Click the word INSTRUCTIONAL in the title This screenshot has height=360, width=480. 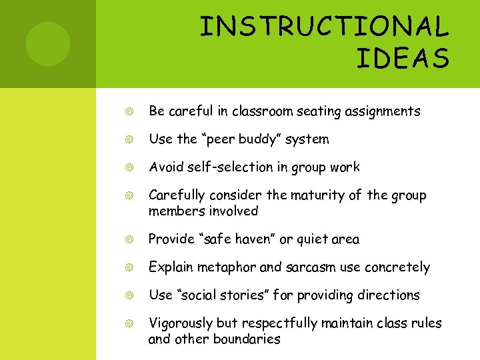click(x=325, y=27)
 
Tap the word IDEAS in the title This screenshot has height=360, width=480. click(x=403, y=58)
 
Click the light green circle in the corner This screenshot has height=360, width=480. click(x=47, y=44)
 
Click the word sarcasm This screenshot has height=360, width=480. click(x=311, y=267)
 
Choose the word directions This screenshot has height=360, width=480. click(x=387, y=295)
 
